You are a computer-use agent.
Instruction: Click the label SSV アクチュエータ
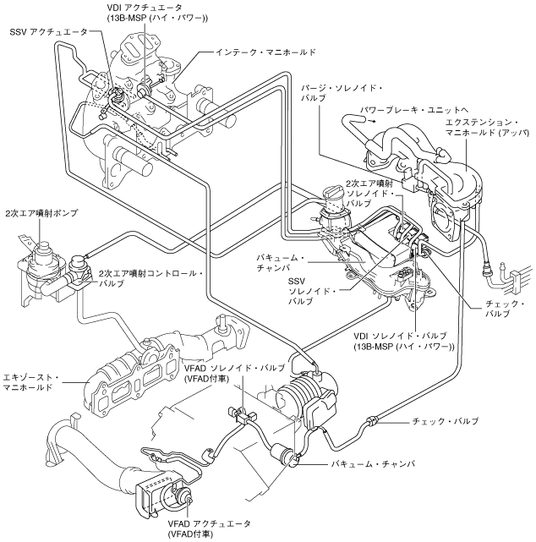pyautogui.click(x=49, y=32)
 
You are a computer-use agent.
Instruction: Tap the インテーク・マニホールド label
pyautogui.click(x=265, y=52)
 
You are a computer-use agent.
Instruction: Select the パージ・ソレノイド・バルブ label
pyautogui.click(x=342, y=93)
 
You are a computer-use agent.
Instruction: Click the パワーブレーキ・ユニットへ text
pyautogui.click(x=413, y=110)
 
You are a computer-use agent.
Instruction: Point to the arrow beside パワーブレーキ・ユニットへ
pyautogui.click(x=371, y=121)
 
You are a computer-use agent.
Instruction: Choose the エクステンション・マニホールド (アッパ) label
pyautogui.click(x=487, y=127)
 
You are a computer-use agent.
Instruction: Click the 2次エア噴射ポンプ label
pyautogui.click(x=41, y=213)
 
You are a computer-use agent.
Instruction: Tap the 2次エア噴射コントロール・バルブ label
pyautogui.click(x=151, y=278)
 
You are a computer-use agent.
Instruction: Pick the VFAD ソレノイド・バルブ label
pyautogui.click(x=235, y=374)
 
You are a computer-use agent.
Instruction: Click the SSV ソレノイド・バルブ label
pyautogui.click(x=312, y=291)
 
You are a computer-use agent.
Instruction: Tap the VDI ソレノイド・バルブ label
pyautogui.click(x=403, y=341)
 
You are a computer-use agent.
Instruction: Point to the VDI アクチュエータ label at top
pyautogui.click(x=157, y=13)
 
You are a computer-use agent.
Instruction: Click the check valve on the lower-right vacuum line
pyautogui.click(x=372, y=421)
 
